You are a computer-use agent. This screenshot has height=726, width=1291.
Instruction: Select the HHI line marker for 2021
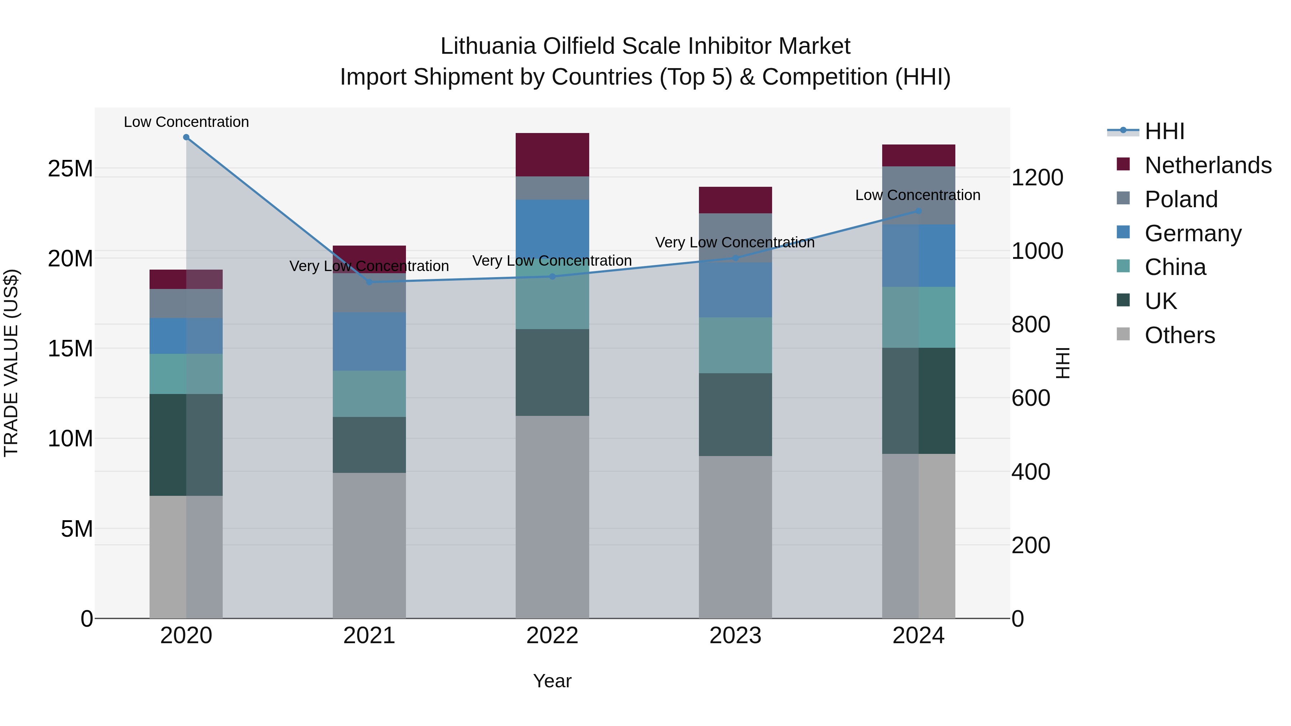click(x=369, y=282)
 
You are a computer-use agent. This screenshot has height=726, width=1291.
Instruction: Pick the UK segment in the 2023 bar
click(x=735, y=414)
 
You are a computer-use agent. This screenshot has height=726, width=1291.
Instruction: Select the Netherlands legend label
click(x=1208, y=165)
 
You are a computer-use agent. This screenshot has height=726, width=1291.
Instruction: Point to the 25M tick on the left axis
click(x=70, y=169)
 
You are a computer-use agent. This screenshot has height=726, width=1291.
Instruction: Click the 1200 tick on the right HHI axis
click(x=1037, y=178)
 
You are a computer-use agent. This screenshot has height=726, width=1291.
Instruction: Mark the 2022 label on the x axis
click(x=552, y=636)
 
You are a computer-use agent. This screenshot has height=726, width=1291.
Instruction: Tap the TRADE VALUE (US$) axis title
click(x=11, y=363)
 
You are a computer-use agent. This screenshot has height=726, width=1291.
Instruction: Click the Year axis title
click(x=552, y=681)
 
